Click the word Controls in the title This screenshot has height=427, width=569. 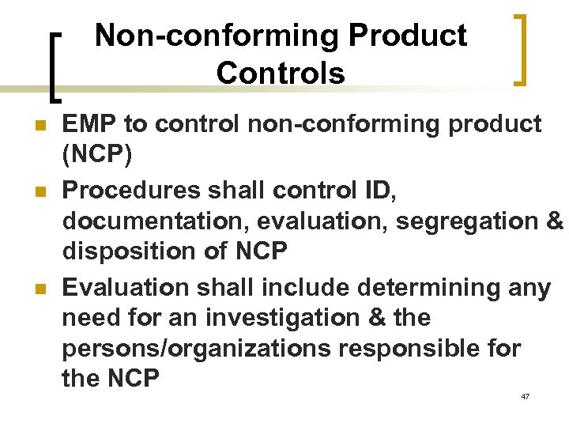click(281, 73)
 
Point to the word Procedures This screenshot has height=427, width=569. click(133, 190)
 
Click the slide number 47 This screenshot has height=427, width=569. click(525, 396)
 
